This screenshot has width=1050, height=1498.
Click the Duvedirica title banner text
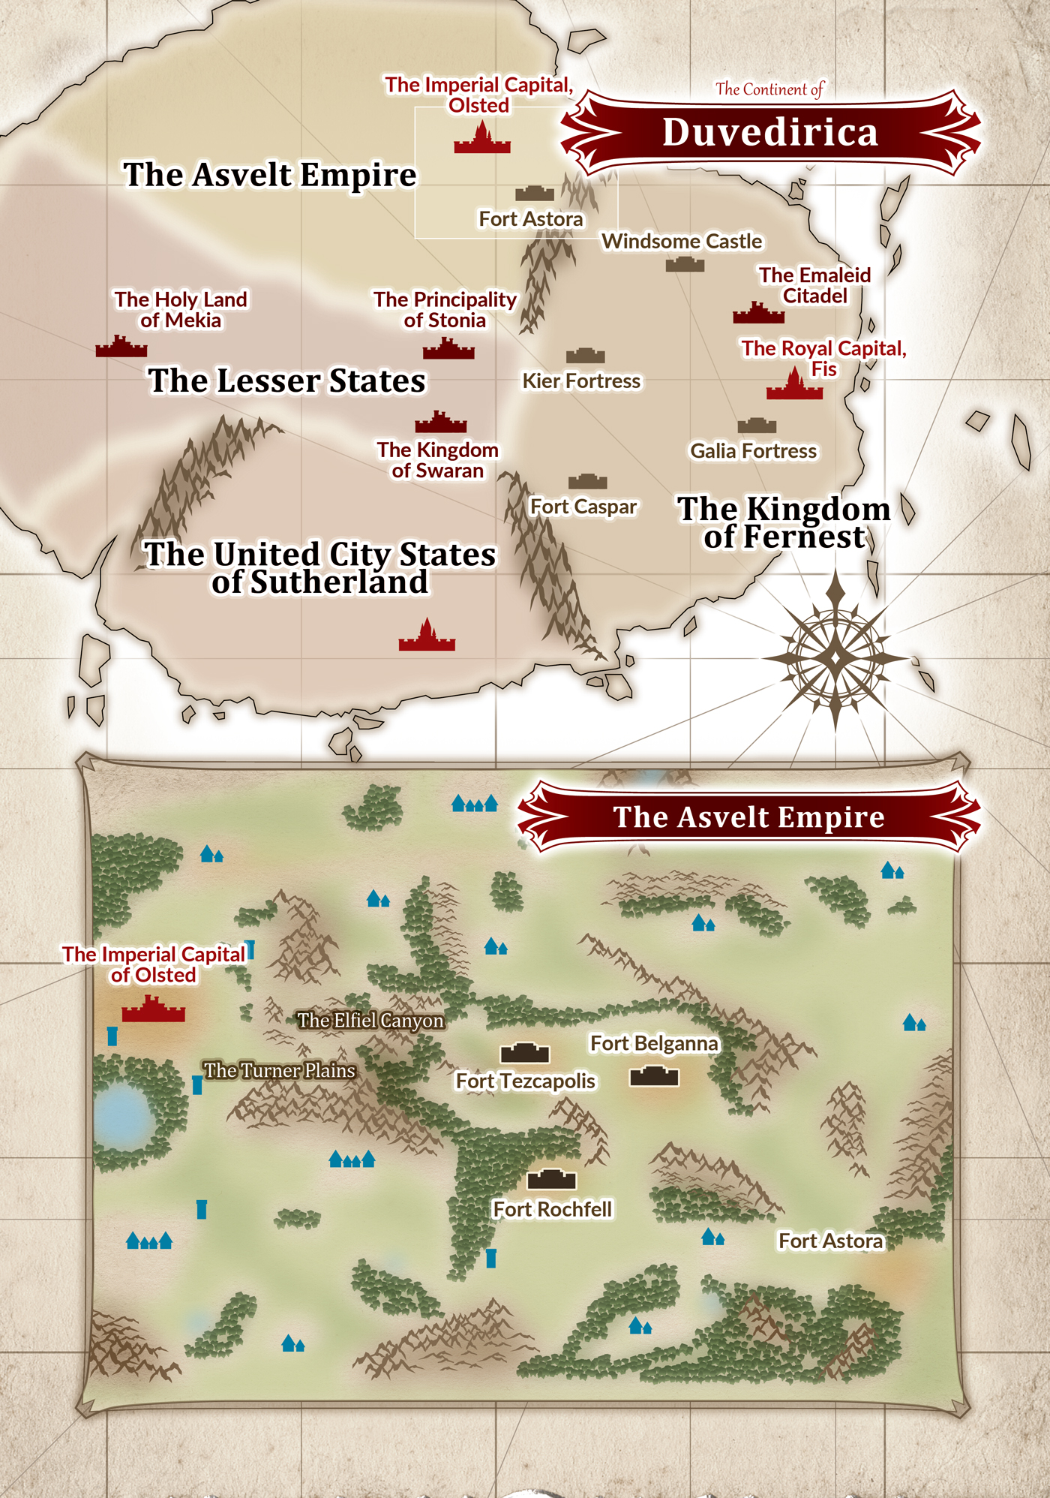[x=770, y=133]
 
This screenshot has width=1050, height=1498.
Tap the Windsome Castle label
[x=681, y=242]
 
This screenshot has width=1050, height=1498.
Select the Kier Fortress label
[x=581, y=381]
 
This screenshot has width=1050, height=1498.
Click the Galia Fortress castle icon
[x=756, y=426]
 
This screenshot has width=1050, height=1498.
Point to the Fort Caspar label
[x=583, y=507]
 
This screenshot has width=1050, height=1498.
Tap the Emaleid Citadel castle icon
[x=758, y=313]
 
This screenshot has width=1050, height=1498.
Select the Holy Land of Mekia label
[x=181, y=310]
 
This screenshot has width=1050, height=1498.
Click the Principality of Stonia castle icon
[x=448, y=349]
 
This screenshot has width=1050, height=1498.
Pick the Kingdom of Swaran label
[x=437, y=460]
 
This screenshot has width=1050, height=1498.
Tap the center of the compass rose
[x=835, y=658]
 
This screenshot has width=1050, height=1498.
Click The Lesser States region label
[x=286, y=381]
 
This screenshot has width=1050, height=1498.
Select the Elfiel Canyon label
[x=370, y=1021]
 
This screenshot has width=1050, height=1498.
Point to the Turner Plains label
[x=279, y=1070]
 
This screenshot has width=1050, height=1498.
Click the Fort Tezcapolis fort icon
[x=525, y=1053]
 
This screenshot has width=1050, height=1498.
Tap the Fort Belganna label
[x=654, y=1044]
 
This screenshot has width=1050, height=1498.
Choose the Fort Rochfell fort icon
[x=551, y=1180]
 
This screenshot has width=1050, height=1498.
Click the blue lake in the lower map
[x=121, y=1114]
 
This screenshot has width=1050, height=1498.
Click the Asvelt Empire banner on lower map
[x=748, y=817]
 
